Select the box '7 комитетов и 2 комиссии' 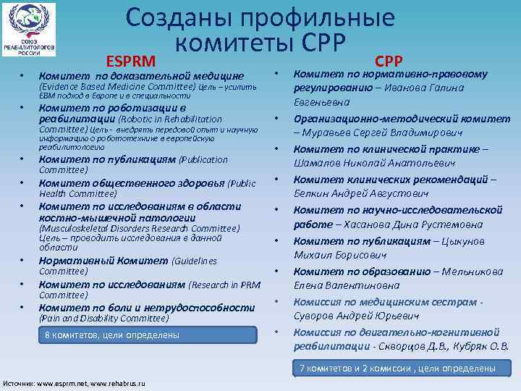pos(398,369)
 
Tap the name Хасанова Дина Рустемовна pos(409,224)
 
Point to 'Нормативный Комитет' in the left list pos(103,261)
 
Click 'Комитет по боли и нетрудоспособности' pos(134,307)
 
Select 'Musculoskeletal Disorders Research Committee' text pos(139,229)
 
